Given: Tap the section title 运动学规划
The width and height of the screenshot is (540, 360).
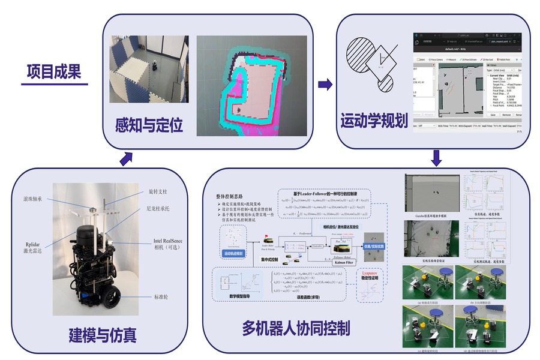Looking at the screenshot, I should (x=374, y=120).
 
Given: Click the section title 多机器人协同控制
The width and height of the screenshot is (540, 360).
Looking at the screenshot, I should (x=296, y=328).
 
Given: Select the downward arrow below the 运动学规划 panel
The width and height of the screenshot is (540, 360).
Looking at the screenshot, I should (x=436, y=158).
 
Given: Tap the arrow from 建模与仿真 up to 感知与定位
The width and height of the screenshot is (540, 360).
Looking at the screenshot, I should (x=126, y=158).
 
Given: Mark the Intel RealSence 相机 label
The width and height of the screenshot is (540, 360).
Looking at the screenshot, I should (x=163, y=244).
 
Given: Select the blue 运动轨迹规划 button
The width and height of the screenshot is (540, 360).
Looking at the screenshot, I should (x=234, y=254).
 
